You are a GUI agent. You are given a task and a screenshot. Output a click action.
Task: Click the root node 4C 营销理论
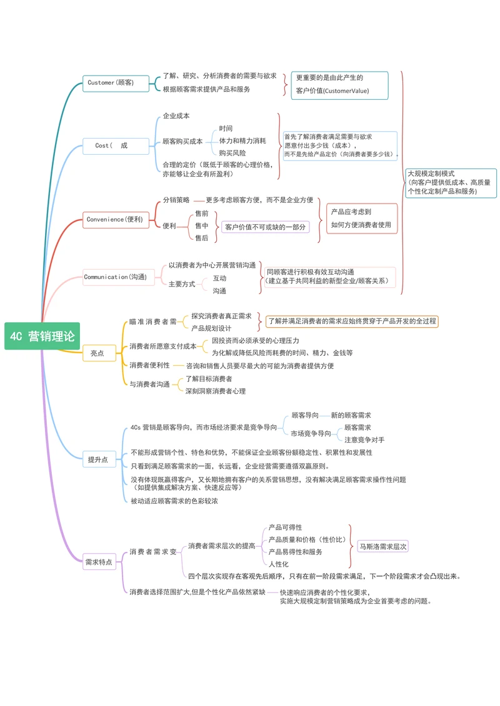[x=42, y=336]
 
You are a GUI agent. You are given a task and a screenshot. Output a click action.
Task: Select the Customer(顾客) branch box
[x=110, y=82]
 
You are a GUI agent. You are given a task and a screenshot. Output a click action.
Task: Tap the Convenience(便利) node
[x=114, y=219]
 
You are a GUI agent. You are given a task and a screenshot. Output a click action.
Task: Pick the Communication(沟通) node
[x=115, y=277]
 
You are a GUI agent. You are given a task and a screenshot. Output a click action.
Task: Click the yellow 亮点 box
[x=99, y=353]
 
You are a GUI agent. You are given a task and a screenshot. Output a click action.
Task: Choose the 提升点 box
[x=99, y=459]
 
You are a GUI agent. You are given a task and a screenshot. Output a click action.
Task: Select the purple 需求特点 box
[x=99, y=562]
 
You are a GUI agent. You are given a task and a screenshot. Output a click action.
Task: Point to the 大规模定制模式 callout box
[x=450, y=182]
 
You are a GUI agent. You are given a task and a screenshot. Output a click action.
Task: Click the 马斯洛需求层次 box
[x=383, y=546]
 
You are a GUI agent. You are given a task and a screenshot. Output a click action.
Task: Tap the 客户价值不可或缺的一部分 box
[x=266, y=227]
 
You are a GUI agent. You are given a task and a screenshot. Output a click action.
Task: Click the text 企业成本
[x=176, y=116]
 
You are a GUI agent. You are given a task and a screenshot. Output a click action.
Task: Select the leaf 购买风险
[x=232, y=153]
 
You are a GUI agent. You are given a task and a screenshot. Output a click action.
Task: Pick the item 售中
[x=202, y=225]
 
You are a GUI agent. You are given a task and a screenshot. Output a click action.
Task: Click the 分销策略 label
[x=176, y=200]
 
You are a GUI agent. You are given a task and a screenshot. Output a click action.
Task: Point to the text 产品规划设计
[x=211, y=328]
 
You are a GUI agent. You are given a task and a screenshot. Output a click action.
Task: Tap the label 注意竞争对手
[x=364, y=440]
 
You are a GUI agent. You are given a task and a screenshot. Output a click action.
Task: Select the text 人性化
[x=279, y=564]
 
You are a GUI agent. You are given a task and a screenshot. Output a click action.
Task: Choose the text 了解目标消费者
[x=209, y=379]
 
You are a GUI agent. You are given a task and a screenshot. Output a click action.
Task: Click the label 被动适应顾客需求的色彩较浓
[x=174, y=501]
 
